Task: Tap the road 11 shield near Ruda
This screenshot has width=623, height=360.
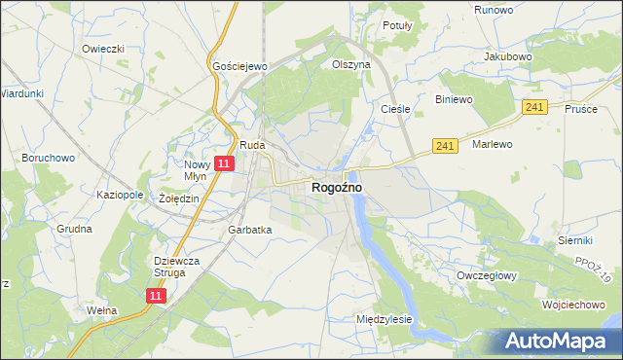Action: click(x=224, y=164)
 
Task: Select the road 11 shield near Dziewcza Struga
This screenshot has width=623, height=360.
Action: click(x=156, y=295)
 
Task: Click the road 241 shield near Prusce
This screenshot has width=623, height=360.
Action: click(x=532, y=107)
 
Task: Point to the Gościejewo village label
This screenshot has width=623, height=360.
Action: click(x=239, y=66)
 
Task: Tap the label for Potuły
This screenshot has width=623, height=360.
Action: click(x=398, y=25)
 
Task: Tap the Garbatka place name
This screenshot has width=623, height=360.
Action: click(x=249, y=231)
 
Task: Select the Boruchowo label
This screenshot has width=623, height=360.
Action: click(x=49, y=157)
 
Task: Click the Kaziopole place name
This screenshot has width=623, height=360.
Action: click(x=120, y=195)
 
